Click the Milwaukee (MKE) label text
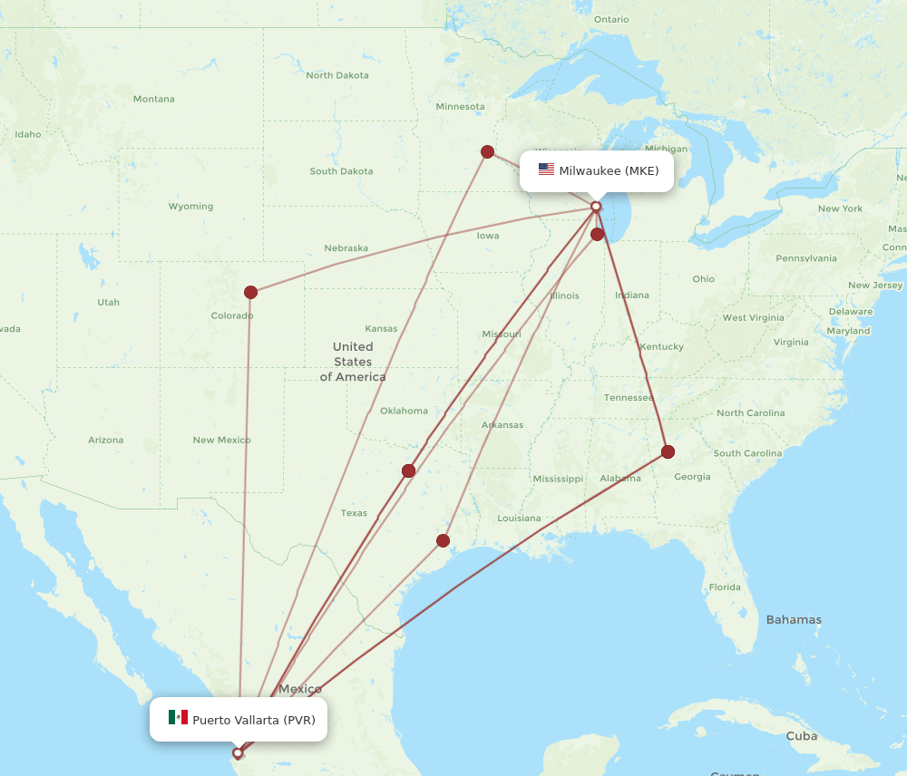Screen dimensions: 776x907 (x=609, y=170)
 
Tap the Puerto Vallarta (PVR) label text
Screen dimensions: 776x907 (x=254, y=720)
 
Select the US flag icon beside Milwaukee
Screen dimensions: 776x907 (x=546, y=170)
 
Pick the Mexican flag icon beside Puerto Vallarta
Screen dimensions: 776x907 (x=178, y=718)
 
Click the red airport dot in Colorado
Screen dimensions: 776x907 (x=250, y=292)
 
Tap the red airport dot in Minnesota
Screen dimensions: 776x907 (x=487, y=151)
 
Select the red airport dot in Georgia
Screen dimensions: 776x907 (x=668, y=451)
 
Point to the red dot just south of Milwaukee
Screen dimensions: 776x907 (x=597, y=235)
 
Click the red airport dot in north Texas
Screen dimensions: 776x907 (x=408, y=470)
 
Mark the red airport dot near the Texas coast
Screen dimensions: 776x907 (x=443, y=540)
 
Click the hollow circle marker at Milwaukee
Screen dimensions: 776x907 (x=596, y=207)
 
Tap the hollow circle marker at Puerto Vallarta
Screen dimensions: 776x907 (x=238, y=752)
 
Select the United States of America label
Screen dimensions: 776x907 (x=352, y=362)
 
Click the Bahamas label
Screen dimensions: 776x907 (x=794, y=620)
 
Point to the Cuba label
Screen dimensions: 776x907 (x=802, y=735)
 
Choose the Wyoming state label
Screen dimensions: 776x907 (x=190, y=207)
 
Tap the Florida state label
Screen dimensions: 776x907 (x=724, y=587)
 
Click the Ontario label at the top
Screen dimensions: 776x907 (x=611, y=19)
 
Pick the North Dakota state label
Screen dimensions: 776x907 (x=337, y=75)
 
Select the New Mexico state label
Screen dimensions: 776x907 (x=221, y=440)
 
